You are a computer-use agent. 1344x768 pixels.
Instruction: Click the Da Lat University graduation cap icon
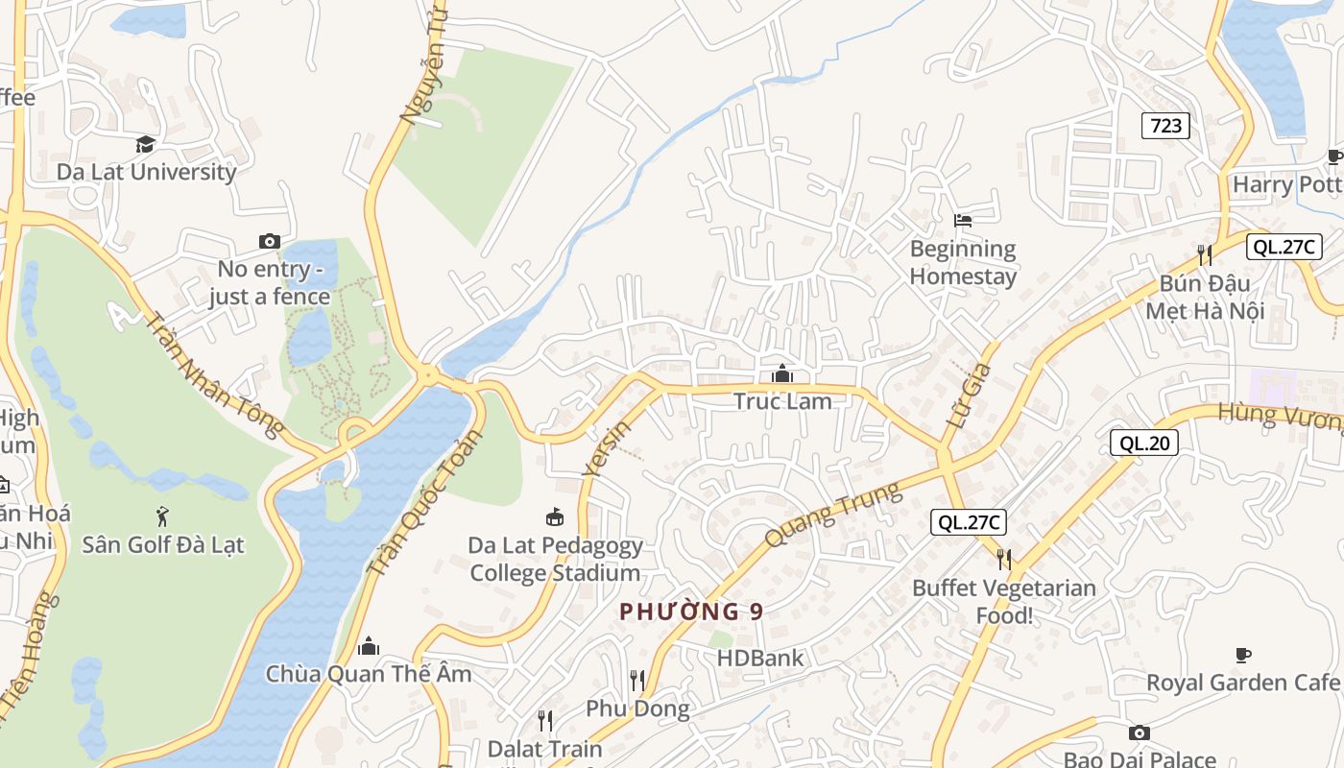pyautogui.click(x=145, y=144)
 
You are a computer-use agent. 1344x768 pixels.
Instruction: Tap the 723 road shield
pyautogui.click(x=1165, y=125)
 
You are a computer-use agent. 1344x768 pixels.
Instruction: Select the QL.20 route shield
pyautogui.click(x=1143, y=443)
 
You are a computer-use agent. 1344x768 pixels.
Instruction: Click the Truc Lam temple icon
pyautogui.click(x=782, y=373)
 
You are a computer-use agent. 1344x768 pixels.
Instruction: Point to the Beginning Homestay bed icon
pyautogui.click(x=963, y=220)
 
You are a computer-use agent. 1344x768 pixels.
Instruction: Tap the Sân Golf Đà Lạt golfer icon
pyautogui.click(x=162, y=516)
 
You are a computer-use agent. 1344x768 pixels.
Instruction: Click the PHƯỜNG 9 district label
pyautogui.click(x=691, y=612)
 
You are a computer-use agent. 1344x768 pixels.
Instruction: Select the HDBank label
pyautogui.click(x=760, y=659)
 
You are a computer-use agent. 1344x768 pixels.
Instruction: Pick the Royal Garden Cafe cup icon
pyautogui.click(x=1243, y=655)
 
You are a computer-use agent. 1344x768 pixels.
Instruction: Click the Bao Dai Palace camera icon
pyautogui.click(x=1140, y=732)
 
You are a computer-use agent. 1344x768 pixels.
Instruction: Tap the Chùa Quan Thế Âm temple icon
pyautogui.click(x=369, y=645)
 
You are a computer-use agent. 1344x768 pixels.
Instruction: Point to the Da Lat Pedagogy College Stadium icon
pyautogui.click(x=554, y=517)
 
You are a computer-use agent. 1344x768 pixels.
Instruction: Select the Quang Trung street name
pyautogui.click(x=834, y=515)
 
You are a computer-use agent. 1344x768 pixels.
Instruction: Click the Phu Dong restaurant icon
pyautogui.click(x=637, y=681)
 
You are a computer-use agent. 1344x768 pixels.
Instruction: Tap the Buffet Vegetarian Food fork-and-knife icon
pyautogui.click(x=1004, y=559)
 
